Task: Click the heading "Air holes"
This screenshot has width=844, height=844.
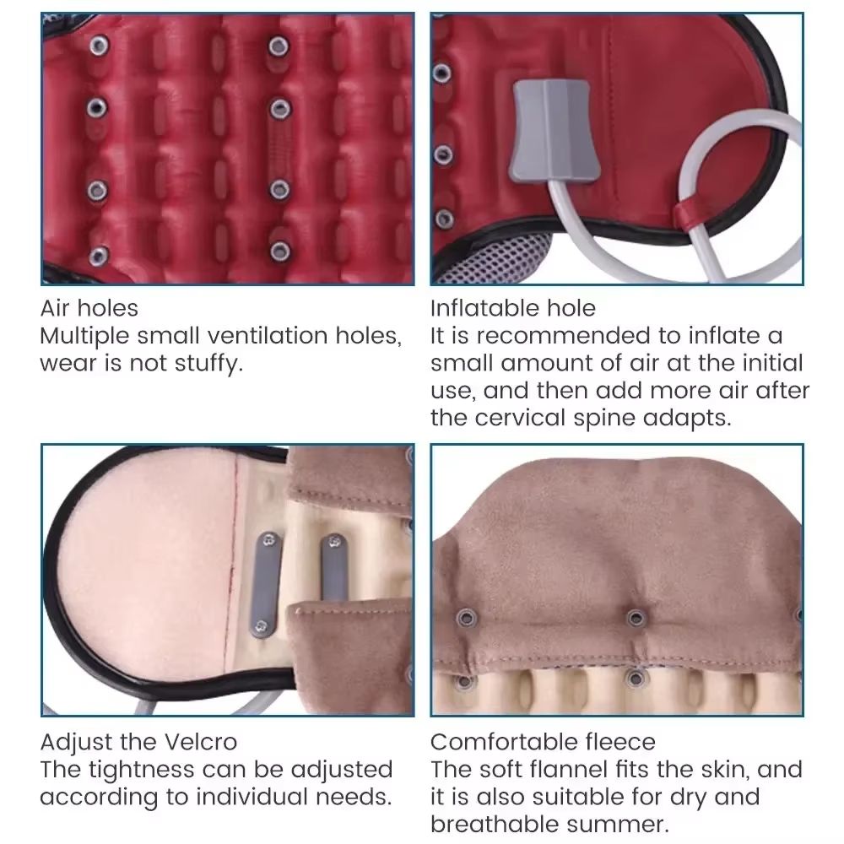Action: click(89, 308)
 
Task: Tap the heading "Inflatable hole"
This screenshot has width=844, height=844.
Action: click(513, 308)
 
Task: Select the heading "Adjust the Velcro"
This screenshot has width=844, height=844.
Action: click(138, 742)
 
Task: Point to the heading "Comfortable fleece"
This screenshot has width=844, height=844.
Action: click(543, 742)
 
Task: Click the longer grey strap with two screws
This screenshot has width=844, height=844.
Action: click(265, 585)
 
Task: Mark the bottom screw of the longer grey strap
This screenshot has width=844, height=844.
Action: click(261, 626)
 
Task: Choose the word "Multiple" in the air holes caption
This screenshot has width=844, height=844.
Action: click(84, 337)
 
